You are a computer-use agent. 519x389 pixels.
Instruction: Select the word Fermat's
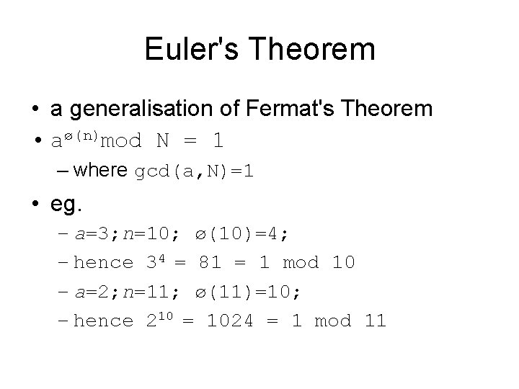coord(275,109)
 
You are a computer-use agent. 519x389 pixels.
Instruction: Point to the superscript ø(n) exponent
coord(79,135)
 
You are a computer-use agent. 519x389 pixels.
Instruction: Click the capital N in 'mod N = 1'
coord(163,140)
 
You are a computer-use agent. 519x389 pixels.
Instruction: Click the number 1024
coord(229,321)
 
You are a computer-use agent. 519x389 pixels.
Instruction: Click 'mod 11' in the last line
coord(350,321)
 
